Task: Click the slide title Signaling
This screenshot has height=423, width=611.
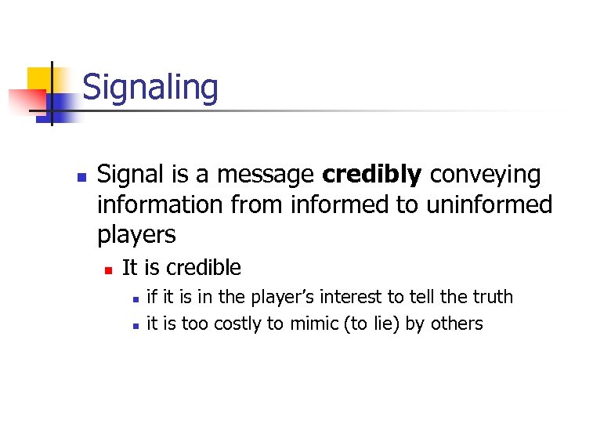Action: tap(150, 87)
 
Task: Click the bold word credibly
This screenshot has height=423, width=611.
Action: tap(371, 175)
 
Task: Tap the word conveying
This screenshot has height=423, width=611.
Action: tap(485, 175)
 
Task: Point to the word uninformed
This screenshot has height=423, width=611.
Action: tap(490, 204)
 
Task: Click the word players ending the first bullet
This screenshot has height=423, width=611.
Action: tap(136, 234)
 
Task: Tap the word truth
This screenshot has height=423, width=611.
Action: tap(492, 297)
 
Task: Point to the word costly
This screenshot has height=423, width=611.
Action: tap(237, 324)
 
